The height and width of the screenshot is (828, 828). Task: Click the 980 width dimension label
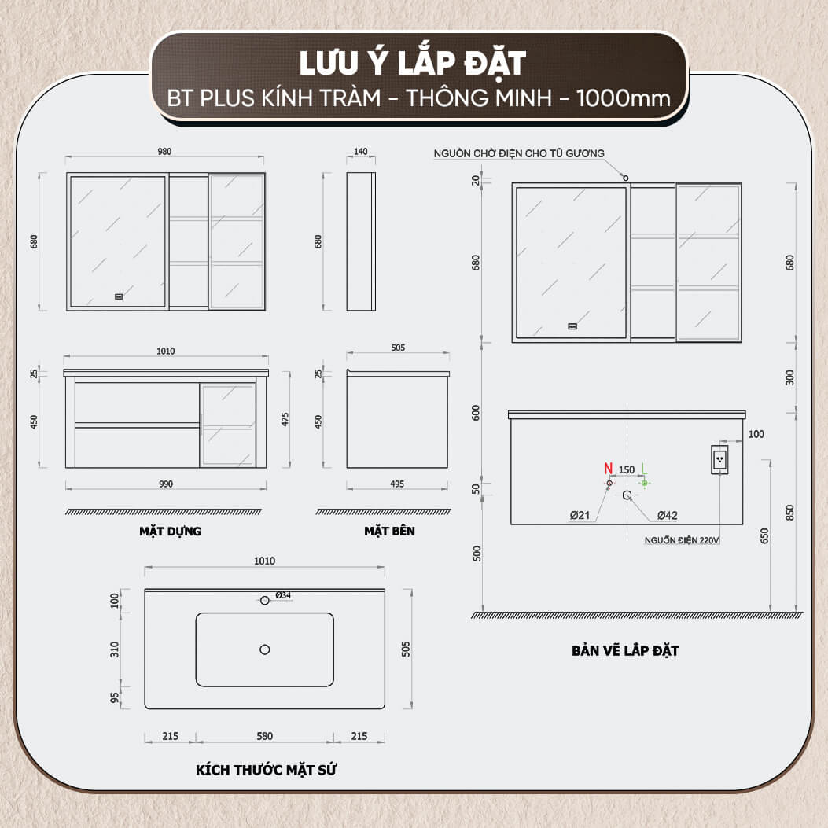pyautogui.click(x=164, y=152)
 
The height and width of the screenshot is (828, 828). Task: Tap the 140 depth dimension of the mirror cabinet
pyautogui.click(x=361, y=152)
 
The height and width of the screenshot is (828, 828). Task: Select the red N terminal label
pyautogui.click(x=609, y=469)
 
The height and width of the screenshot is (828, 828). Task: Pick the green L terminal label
pyautogui.click(x=644, y=469)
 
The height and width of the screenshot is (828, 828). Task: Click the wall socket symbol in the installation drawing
pyautogui.click(x=719, y=459)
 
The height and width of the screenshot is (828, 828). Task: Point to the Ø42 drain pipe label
pyautogui.click(x=667, y=515)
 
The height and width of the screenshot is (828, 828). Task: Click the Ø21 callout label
pyautogui.click(x=580, y=515)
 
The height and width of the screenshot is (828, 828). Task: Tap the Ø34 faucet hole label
pyautogui.click(x=283, y=595)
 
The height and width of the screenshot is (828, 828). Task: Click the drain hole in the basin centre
pyautogui.click(x=264, y=650)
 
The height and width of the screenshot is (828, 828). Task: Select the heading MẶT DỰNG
pyautogui.click(x=170, y=532)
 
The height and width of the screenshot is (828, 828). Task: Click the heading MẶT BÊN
pyautogui.click(x=389, y=532)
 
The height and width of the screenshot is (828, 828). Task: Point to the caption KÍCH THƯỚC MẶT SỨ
pyautogui.click(x=266, y=770)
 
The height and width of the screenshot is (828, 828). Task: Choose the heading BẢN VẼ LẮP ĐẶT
pyautogui.click(x=625, y=650)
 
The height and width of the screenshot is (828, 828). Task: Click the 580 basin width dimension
pyautogui.click(x=264, y=736)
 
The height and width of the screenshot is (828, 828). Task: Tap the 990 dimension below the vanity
pyautogui.click(x=166, y=484)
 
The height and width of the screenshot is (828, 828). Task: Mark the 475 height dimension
pyautogui.click(x=285, y=420)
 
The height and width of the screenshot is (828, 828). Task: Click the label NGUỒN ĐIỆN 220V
pyautogui.click(x=682, y=540)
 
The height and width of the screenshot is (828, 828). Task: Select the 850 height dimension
pyautogui.click(x=789, y=513)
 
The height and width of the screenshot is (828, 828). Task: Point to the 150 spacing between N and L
pyautogui.click(x=626, y=469)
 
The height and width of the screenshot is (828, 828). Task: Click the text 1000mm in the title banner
pyautogui.click(x=623, y=98)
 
